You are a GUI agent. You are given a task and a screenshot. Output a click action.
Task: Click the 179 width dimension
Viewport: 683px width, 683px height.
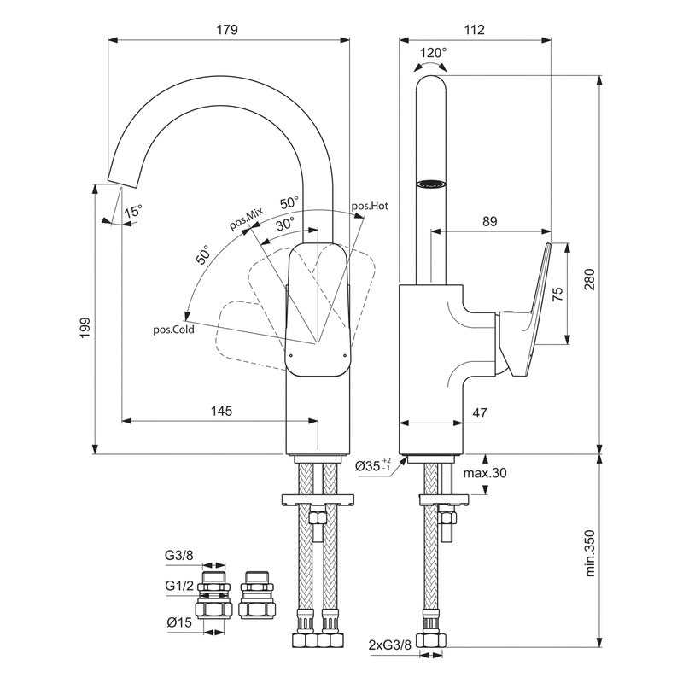pos(226,29)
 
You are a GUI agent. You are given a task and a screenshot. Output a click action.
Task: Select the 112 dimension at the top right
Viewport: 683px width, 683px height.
pos(476,29)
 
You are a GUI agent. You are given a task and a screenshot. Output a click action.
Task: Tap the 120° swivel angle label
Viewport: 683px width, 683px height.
pos(434,53)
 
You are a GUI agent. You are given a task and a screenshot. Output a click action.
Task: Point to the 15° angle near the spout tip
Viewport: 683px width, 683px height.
pos(133,211)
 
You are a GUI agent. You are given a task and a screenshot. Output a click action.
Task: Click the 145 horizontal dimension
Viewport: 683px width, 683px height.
pos(221,411)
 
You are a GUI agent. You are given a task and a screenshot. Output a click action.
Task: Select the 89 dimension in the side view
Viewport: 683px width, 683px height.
pos(489,221)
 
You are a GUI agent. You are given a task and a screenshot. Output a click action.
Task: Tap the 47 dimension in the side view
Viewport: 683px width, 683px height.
pos(479,413)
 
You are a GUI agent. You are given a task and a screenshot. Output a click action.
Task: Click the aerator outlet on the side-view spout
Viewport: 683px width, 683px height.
pos(432,183)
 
